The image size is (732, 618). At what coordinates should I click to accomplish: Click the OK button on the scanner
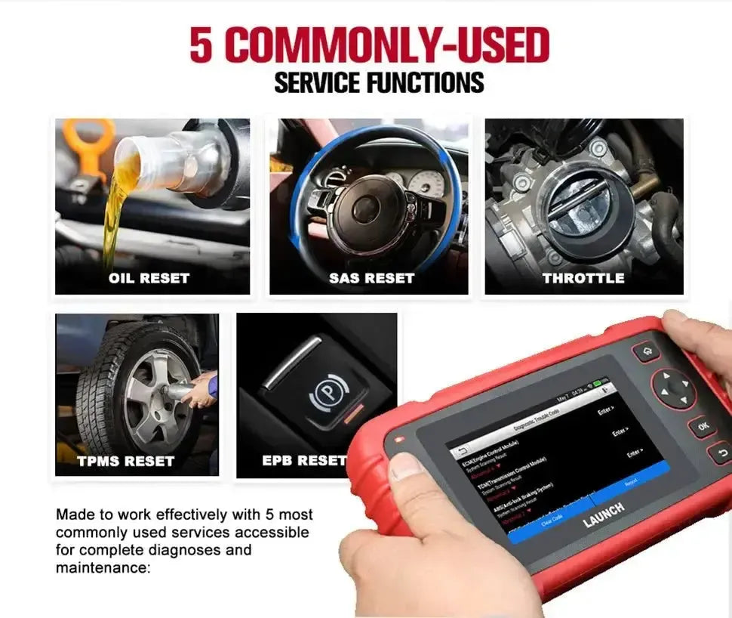(703, 427)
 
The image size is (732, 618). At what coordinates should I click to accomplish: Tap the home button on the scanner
(645, 352)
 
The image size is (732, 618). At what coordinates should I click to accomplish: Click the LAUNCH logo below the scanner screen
(603, 514)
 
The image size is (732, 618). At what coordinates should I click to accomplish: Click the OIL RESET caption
(149, 278)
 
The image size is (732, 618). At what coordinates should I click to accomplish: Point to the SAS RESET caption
(371, 278)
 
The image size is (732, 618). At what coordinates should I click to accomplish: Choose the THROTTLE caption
(583, 278)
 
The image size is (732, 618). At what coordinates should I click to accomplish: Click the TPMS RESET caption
(125, 460)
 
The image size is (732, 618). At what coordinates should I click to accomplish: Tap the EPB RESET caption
(303, 460)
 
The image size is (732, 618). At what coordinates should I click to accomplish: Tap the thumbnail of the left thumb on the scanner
(407, 468)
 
